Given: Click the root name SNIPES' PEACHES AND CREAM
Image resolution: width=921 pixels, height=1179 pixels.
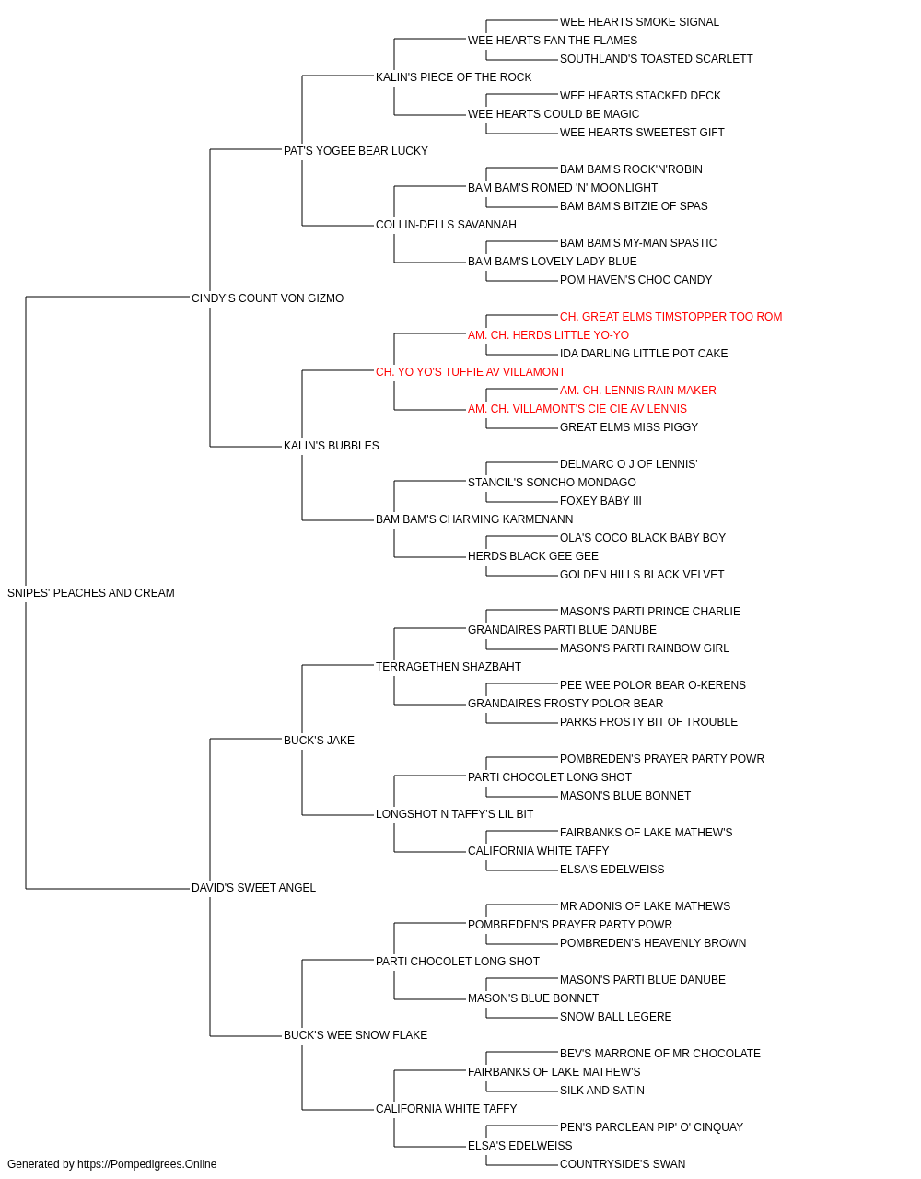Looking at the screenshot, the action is click(x=91, y=593).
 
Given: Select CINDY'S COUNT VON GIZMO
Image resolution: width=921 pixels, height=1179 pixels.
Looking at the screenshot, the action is click(x=267, y=298).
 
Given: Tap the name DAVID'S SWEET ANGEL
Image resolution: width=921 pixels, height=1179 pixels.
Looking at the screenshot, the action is click(x=253, y=888).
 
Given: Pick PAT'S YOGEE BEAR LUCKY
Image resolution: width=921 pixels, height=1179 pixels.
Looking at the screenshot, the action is click(x=356, y=151).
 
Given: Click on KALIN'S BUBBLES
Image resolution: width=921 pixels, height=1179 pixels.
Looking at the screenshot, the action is click(x=332, y=446).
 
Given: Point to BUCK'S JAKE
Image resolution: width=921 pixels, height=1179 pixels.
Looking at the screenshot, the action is click(x=319, y=740).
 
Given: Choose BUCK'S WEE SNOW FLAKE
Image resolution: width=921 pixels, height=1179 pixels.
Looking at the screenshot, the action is click(x=356, y=1034).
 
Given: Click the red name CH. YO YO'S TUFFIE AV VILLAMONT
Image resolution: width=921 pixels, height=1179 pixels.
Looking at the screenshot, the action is click(x=471, y=371).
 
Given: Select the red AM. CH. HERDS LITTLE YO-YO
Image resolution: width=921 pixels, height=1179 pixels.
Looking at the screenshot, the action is click(x=548, y=334).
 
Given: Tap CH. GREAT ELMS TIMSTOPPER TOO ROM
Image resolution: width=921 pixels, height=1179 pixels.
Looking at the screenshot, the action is click(x=671, y=316).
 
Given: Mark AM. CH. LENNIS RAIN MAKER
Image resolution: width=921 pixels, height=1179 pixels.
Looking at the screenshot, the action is click(x=638, y=391).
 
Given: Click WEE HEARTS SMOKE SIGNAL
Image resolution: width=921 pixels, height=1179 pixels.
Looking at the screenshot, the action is click(x=639, y=22).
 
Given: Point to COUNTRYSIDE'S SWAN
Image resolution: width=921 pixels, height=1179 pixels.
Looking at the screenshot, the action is click(x=623, y=1164).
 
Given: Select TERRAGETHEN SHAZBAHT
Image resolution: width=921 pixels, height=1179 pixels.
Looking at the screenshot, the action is click(x=448, y=666).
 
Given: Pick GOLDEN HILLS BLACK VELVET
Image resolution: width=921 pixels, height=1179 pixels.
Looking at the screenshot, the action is click(x=642, y=574).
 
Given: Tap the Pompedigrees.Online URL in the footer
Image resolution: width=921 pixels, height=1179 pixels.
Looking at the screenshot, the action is click(x=147, y=1164).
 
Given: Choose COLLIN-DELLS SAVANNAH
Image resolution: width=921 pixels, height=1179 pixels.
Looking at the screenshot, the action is click(x=446, y=224).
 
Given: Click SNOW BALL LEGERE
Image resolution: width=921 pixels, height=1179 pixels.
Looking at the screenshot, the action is click(x=615, y=1016).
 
